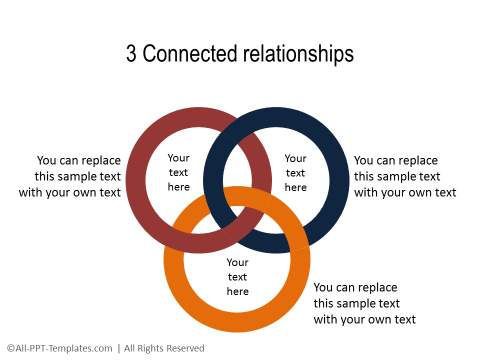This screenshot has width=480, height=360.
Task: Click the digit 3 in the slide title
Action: click(132, 54)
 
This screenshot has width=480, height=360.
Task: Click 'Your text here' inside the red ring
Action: click(178, 172)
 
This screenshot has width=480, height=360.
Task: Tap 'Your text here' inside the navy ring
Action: click(296, 172)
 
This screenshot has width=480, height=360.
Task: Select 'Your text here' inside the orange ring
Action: click(238, 277)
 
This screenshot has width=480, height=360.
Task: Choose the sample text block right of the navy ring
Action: click(405, 176)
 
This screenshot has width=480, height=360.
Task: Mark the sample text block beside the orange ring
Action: click(365, 303)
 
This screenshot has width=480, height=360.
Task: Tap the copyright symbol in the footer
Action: click(9, 348)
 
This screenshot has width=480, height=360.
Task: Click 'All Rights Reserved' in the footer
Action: click(164, 348)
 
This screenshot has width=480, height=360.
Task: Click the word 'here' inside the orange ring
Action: click(238, 292)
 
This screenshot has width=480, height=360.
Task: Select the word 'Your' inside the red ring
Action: click(178, 158)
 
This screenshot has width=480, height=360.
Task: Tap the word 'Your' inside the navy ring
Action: click(296, 158)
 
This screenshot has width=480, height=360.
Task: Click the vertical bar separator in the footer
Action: click(119, 348)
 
